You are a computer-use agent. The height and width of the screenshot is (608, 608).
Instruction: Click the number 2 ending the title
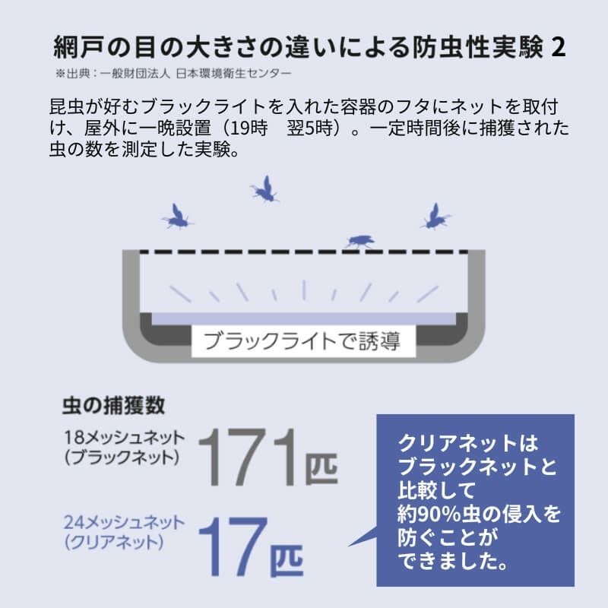point(558,48)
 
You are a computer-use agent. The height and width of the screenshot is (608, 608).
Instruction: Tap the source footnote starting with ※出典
point(173,73)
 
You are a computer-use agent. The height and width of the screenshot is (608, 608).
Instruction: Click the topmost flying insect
point(264,189)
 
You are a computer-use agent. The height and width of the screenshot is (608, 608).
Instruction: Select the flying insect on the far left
point(177,217)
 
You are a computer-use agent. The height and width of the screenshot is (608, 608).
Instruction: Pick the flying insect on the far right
point(435,217)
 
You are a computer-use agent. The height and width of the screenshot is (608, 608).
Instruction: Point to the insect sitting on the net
point(359,241)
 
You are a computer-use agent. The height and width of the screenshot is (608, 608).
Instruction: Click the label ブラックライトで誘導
point(302,341)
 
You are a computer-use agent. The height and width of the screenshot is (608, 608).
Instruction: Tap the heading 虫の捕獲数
point(113,406)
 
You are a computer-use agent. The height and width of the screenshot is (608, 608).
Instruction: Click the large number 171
point(249,458)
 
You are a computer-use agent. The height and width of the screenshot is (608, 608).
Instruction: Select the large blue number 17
point(233,546)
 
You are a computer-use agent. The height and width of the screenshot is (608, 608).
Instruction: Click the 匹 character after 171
point(321,468)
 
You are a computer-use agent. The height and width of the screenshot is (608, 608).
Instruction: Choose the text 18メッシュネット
point(125,438)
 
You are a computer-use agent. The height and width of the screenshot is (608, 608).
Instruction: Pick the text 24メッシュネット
point(125,522)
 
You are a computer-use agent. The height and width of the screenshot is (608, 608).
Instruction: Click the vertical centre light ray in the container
point(305,290)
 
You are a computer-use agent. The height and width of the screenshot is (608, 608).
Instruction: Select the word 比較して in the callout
point(436,490)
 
